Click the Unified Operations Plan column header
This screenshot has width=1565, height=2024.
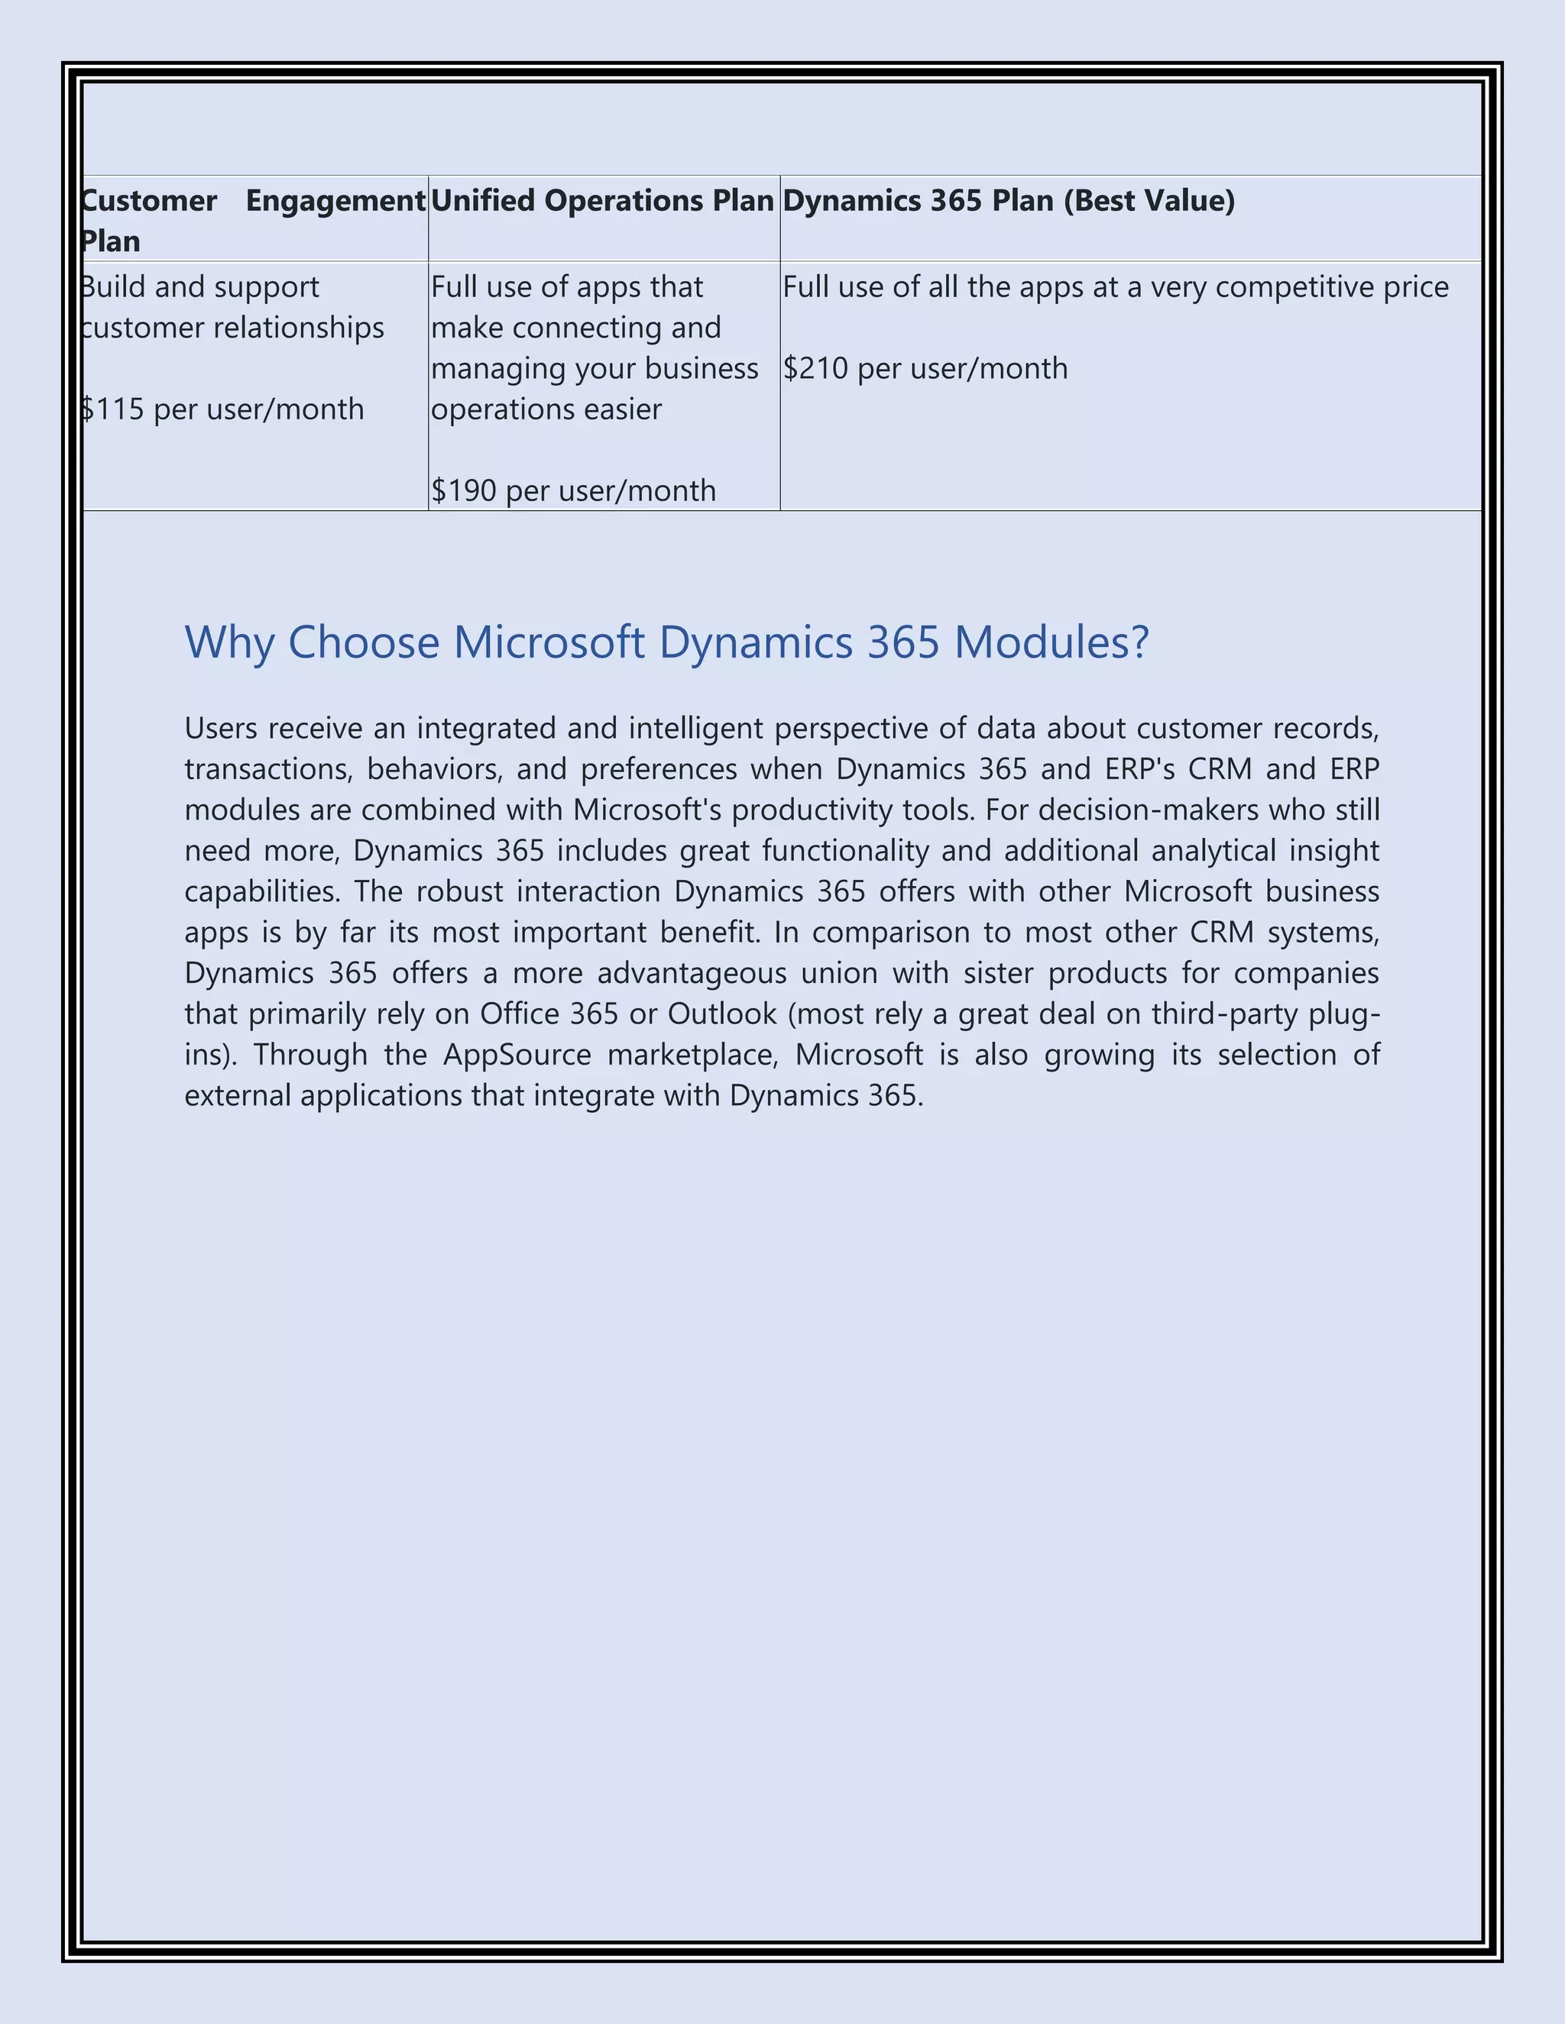point(601,201)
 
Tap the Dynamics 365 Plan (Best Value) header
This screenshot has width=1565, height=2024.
point(1008,201)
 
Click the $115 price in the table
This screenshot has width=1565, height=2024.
point(112,409)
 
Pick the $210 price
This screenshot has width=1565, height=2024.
point(815,368)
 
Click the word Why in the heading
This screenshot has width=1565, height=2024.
point(229,642)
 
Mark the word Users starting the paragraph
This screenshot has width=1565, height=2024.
point(221,729)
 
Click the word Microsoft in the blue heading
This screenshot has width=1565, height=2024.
point(549,642)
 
